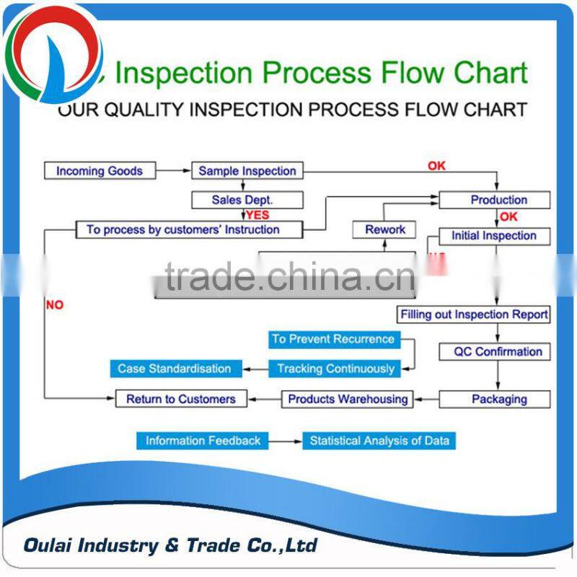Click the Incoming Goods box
coord(100,171)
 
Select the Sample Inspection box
coord(247,171)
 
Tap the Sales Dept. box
coord(247,200)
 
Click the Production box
coord(495,200)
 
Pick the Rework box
coord(385,229)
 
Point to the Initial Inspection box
coord(494,236)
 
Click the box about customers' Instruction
coord(183,229)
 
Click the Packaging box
coord(495,399)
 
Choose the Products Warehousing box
coord(348,399)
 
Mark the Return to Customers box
coord(181,399)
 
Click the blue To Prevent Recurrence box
coord(333,339)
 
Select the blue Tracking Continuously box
coord(336,369)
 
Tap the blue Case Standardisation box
coord(175,369)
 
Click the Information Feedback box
coord(203,441)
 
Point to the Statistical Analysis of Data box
coord(379,441)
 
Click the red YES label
coord(257,215)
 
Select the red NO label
coord(55,305)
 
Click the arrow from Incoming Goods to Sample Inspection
coord(174,171)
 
